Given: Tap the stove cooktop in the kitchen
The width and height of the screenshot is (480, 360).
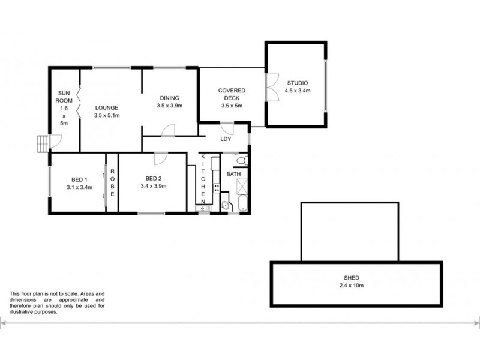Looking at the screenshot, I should tap(217, 187).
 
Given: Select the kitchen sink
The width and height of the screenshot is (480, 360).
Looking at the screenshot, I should tap(203, 208).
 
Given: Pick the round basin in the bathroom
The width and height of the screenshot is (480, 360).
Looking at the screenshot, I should tap(226, 205).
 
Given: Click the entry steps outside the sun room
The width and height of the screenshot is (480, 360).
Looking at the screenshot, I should tap(42, 144).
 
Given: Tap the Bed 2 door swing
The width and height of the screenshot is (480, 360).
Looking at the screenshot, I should tap(160, 158).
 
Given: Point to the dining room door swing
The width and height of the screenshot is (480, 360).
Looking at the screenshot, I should tap(169, 130).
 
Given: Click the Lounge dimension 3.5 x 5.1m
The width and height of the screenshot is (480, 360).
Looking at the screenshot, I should tap(107, 116).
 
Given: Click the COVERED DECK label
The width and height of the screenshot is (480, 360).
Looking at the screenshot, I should tap(231, 94).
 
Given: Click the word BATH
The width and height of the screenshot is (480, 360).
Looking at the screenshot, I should tap(233, 175).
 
